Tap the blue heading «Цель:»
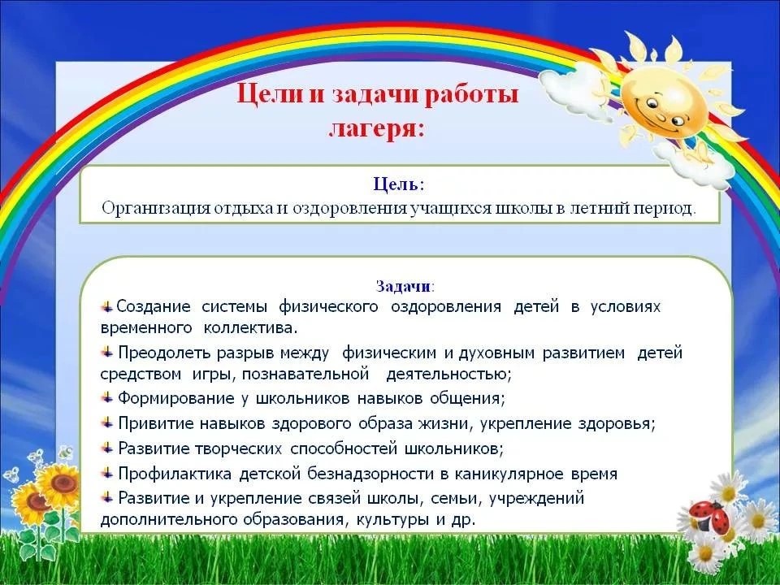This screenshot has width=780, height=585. [399, 184]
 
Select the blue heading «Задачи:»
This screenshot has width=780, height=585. [405, 287]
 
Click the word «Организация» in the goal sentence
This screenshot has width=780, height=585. [155, 208]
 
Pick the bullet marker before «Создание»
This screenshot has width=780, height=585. [107, 306]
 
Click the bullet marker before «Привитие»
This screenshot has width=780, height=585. [107, 423]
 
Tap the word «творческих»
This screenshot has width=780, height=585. [238, 448]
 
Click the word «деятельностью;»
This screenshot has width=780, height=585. [448, 374]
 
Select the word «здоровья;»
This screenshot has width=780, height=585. [617, 424]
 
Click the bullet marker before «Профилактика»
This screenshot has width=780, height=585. [107, 473]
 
